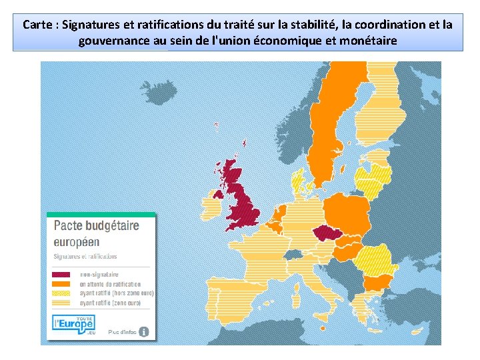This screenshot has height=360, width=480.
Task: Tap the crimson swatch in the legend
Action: click(61, 275)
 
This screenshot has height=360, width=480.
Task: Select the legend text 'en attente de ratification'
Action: click(110, 284)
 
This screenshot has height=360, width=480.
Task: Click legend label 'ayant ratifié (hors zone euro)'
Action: click(117, 293)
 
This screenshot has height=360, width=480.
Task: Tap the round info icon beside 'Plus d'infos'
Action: click(143, 331)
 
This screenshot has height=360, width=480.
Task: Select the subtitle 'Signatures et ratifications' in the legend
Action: click(85, 256)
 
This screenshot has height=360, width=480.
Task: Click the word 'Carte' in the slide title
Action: click(37, 25)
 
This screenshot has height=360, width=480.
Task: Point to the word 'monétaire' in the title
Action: click(365, 41)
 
